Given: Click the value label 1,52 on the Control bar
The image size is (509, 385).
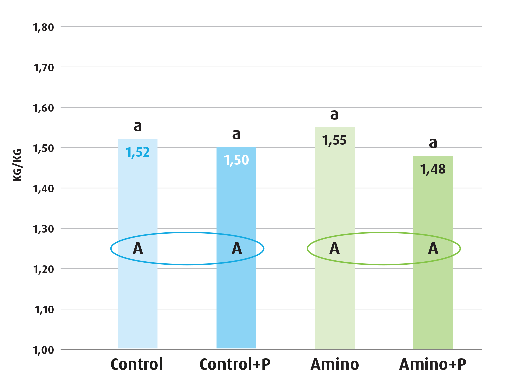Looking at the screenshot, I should click(138, 152).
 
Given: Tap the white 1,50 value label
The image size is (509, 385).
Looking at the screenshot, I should click(236, 160).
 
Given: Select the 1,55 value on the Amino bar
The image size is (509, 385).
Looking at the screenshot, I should click(334, 140).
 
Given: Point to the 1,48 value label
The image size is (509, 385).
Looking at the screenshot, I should click(433, 169).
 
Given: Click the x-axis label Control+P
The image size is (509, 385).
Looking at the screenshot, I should click(235, 364).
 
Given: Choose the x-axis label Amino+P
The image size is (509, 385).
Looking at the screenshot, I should click(433, 364).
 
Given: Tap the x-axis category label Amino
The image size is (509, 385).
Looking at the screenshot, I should click(334, 364).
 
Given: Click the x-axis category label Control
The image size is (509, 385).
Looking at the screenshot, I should click(137, 364).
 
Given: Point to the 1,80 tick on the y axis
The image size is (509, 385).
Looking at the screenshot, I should click(43, 27).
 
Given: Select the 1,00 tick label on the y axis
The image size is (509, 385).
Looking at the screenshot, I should click(43, 350).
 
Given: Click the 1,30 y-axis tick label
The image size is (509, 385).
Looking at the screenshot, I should click(43, 229).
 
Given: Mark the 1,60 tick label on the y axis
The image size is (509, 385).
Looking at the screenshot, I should click(43, 108).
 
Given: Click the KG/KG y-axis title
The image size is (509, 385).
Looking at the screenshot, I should click(17, 165).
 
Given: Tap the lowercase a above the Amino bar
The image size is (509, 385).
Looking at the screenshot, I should click(334, 115).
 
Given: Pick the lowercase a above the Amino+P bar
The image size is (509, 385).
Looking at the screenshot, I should click(433, 143).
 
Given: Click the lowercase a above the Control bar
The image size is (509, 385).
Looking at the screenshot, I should click(138, 126).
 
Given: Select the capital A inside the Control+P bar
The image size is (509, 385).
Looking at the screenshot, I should click(237, 248).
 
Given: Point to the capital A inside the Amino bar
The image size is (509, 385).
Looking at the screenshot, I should click(334, 248).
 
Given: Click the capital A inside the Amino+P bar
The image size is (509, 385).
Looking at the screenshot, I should click(433, 248).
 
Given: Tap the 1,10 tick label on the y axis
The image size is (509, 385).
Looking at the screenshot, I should click(44, 310).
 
